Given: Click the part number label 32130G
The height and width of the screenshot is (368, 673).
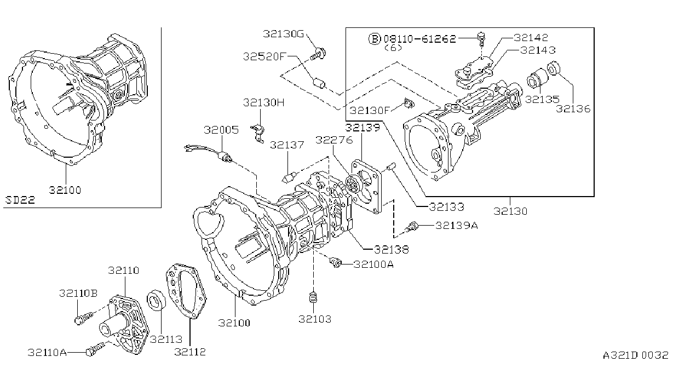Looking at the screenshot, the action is coord(284,33).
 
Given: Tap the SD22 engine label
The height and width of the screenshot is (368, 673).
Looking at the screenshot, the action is coord(20,200).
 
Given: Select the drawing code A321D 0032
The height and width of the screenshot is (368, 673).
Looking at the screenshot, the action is coord(635,355).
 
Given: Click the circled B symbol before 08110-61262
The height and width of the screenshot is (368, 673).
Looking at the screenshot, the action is coord(375,39).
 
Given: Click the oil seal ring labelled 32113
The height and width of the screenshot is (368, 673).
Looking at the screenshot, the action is coord(156,299).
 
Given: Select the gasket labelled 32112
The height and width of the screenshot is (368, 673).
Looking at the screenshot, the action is coord(186,290).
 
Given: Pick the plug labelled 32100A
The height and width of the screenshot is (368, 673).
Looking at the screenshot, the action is coord(335,262).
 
